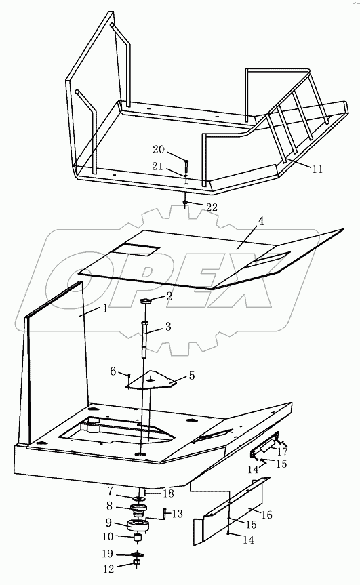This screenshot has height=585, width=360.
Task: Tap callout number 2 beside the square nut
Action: (169, 296)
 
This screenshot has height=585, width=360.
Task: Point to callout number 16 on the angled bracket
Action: (266, 515)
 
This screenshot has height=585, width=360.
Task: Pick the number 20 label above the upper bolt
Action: (158, 150)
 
